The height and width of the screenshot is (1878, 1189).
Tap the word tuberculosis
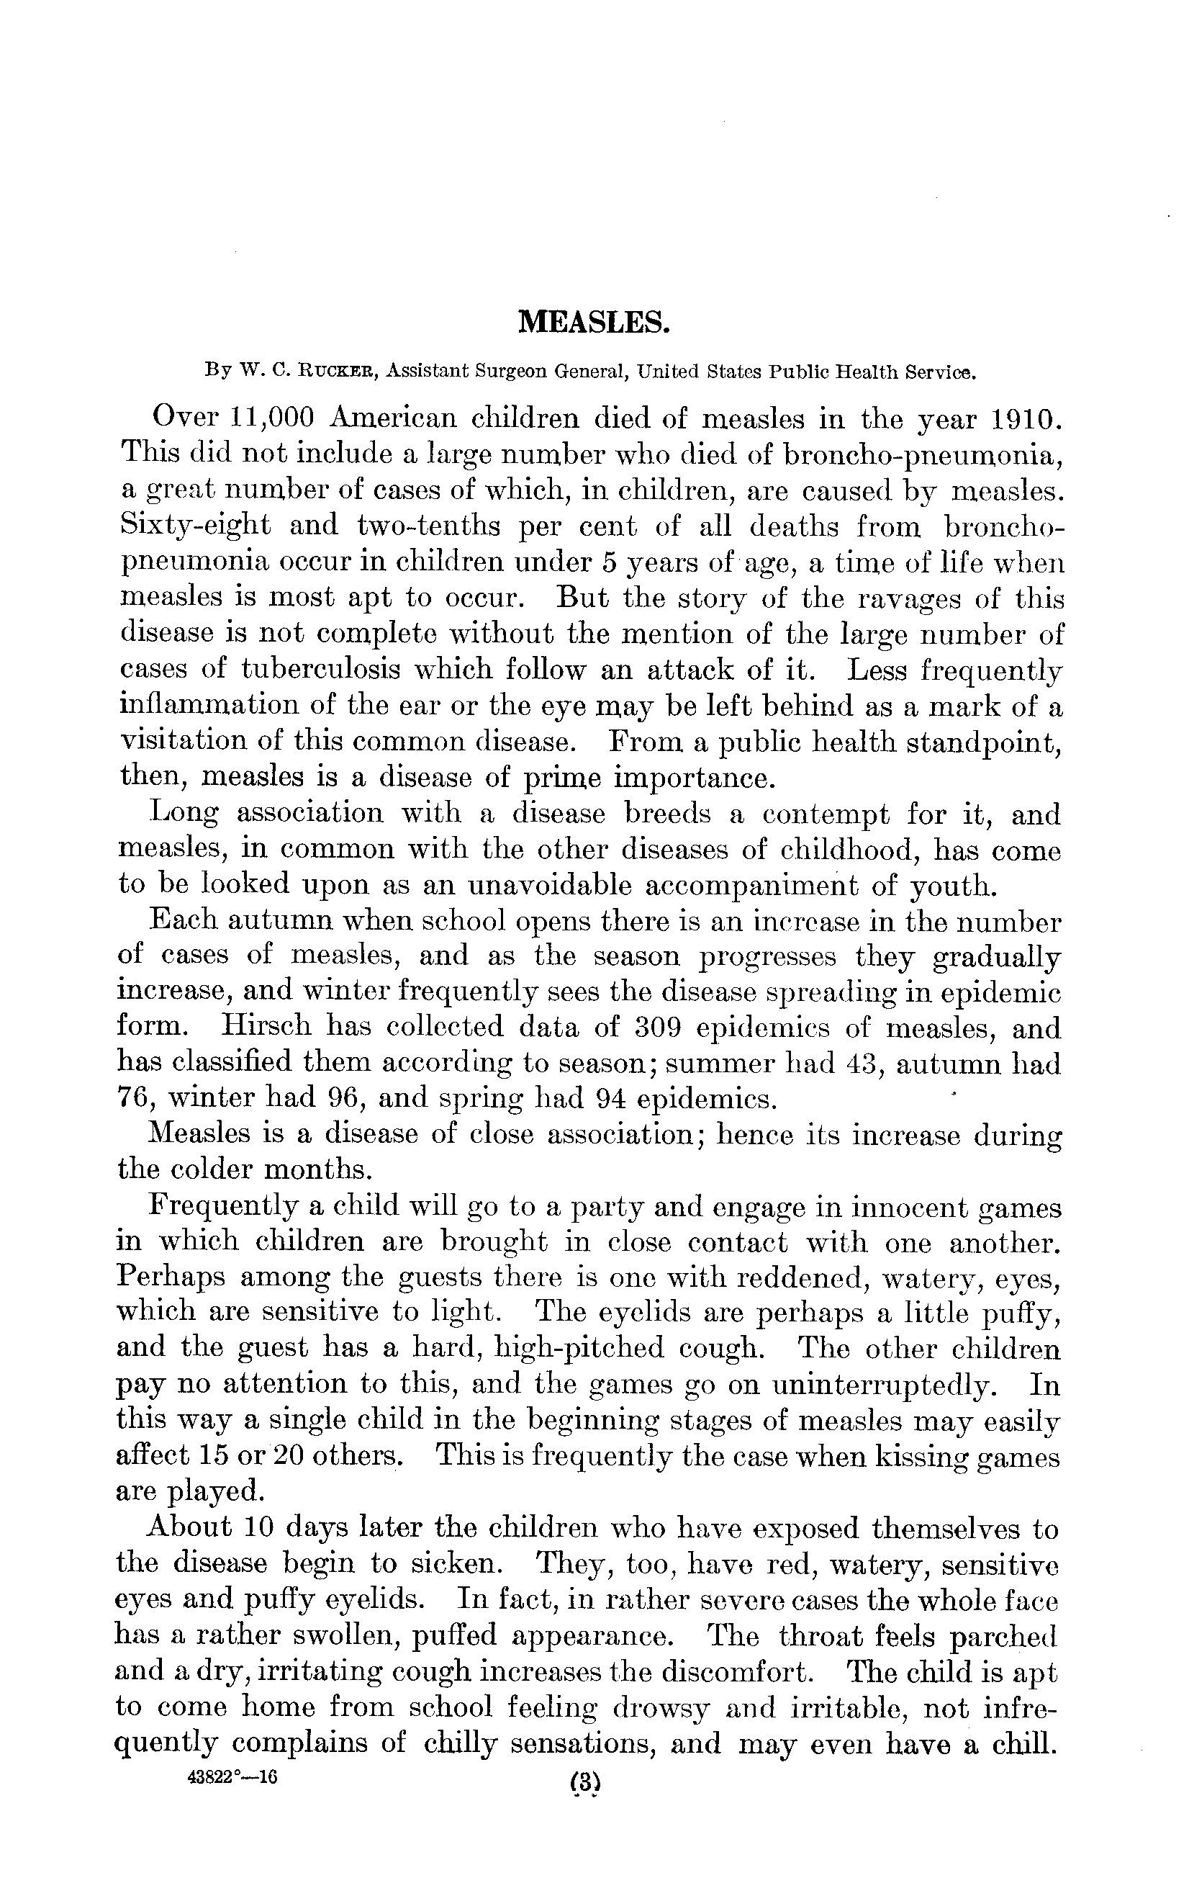point(321,669)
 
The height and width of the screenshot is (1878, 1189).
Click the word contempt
point(826,814)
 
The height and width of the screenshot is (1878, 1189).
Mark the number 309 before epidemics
point(657,1027)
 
